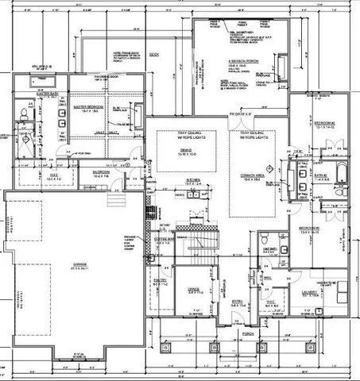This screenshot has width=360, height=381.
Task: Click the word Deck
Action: click(x=153, y=56)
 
